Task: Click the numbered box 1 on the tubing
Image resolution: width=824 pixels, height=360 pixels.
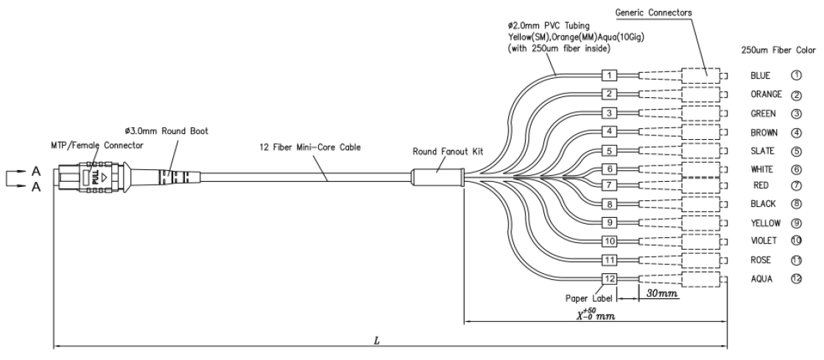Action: pyautogui.click(x=609, y=75)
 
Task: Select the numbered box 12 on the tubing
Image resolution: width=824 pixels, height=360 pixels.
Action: pyautogui.click(x=609, y=278)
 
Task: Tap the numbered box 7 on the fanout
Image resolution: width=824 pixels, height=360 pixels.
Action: pyautogui.click(x=609, y=183)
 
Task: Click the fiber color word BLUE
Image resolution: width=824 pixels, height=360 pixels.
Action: pyautogui.click(x=761, y=75)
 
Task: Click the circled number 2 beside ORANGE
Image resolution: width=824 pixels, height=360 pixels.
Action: pyautogui.click(x=796, y=95)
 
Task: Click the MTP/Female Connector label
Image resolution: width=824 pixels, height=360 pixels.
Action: pyautogui.click(x=92, y=146)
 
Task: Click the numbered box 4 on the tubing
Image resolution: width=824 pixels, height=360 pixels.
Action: pyautogui.click(x=609, y=131)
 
